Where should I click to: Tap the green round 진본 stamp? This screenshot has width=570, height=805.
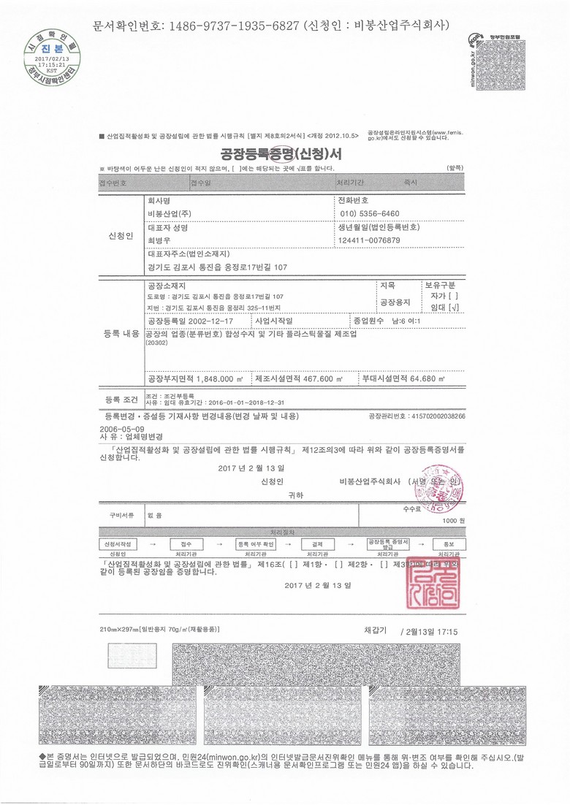click(x=50, y=52)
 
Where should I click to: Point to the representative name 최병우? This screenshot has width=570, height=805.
click(x=159, y=241)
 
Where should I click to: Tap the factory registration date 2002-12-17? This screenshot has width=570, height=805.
click(x=210, y=321)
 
